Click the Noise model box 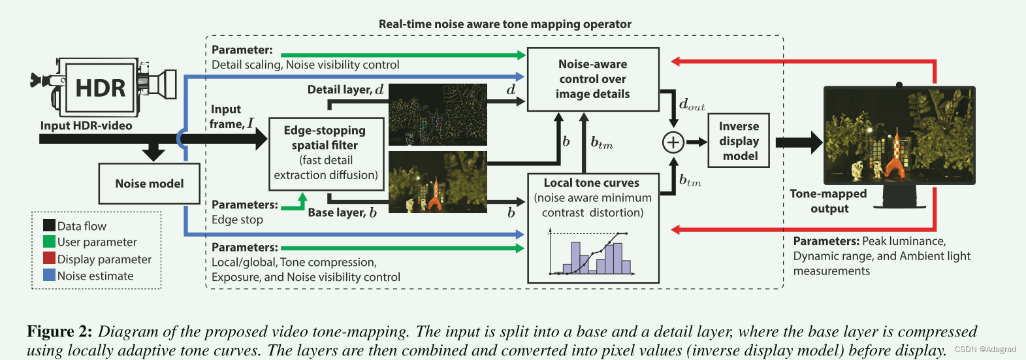tap(149, 184)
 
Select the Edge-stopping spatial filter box tap(325, 154)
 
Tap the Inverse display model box tap(739, 141)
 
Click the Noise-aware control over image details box tap(592, 79)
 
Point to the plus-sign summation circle tap(673, 142)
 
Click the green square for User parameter tap(49, 242)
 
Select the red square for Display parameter tap(49, 259)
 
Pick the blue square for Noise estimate tap(49, 275)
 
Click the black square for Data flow tap(49, 225)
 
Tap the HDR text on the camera tap(100, 88)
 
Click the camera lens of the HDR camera tap(163, 84)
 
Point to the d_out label tap(692, 105)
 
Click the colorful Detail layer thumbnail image tap(438, 114)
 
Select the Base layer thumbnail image tap(438, 182)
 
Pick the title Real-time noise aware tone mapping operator tap(505, 24)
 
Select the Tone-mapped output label tap(828, 201)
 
